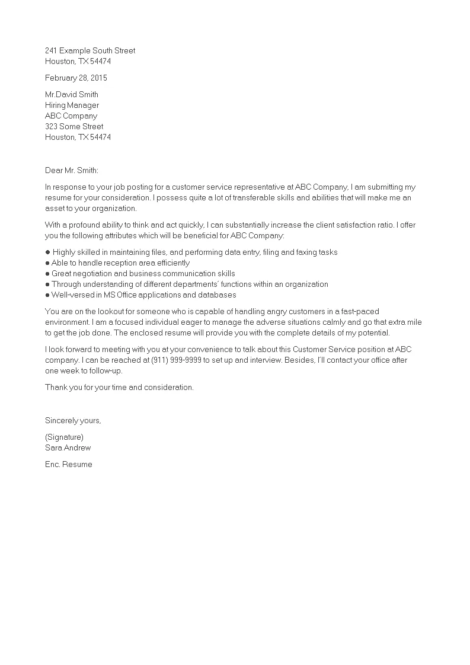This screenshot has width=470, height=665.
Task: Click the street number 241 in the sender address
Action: [52, 51]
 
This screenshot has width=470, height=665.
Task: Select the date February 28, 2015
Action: [76, 78]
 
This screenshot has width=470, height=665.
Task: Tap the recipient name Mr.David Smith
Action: [72, 95]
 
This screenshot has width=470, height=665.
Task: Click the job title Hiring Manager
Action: [72, 105]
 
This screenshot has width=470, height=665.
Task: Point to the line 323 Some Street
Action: [74, 127]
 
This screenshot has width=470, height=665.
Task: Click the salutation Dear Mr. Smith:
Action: [72, 171]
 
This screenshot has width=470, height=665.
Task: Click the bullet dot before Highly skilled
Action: [47, 252]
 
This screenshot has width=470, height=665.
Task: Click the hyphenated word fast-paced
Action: [359, 312]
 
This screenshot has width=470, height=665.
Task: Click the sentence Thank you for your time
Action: [119, 388]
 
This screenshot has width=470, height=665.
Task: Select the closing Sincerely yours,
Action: [73, 421]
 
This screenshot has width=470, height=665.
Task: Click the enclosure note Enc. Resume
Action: [69, 465]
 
